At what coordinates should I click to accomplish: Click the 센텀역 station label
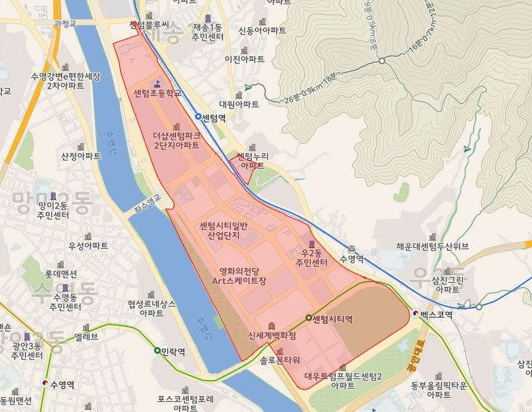tap(214, 117)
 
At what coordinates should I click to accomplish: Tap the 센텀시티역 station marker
tap(309, 318)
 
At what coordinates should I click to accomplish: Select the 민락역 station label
tap(176, 350)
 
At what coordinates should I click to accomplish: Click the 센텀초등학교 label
tap(157, 92)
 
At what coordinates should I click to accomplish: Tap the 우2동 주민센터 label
tap(312, 258)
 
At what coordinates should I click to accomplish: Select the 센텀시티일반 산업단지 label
tap(224, 231)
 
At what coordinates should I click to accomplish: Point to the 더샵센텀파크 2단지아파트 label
tap(176, 140)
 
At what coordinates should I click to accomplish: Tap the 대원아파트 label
tap(239, 105)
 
